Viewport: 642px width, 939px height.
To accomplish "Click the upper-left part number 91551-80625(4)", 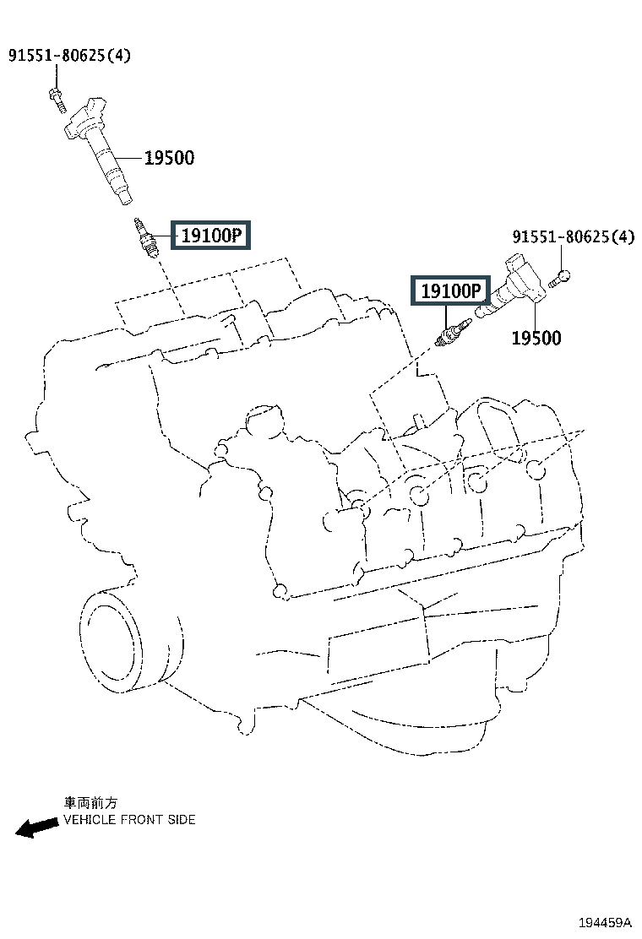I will coord(70,57).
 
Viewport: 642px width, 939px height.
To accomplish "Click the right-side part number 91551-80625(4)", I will coord(572,237).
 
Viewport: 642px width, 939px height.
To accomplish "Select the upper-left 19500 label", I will coord(169,158).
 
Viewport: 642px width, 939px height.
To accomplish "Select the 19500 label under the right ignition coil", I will coord(536,339).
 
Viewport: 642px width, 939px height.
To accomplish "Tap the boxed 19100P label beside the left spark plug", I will coord(212,236).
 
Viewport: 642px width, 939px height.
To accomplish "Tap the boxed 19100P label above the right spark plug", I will coord(450,291).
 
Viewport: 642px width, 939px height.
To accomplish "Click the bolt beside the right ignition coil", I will coord(562,275).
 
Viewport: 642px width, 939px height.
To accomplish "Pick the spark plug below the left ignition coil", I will coord(144,238).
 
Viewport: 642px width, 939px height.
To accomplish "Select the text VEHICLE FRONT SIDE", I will coord(129,819).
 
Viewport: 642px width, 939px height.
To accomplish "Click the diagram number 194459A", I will coord(604,922).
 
